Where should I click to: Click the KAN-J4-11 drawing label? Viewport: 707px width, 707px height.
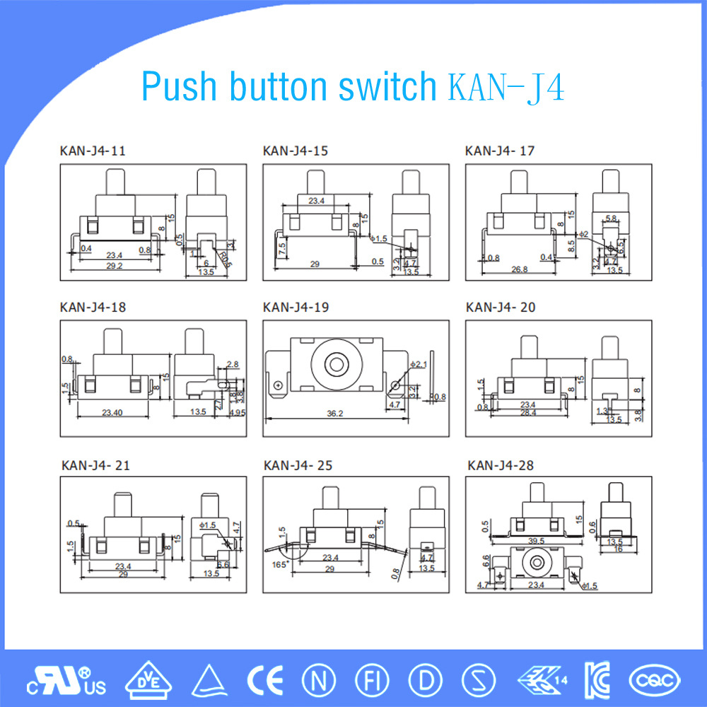[x=93, y=151]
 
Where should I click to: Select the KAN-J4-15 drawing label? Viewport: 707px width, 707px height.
[x=295, y=151]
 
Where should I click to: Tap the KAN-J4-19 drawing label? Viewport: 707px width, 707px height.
[x=295, y=308]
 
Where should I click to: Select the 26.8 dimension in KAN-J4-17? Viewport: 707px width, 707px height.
[x=520, y=268]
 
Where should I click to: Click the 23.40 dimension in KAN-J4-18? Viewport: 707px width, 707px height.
[x=112, y=411]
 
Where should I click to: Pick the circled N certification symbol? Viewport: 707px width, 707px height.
[x=317, y=680]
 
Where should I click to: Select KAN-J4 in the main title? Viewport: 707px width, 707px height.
[x=506, y=87]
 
